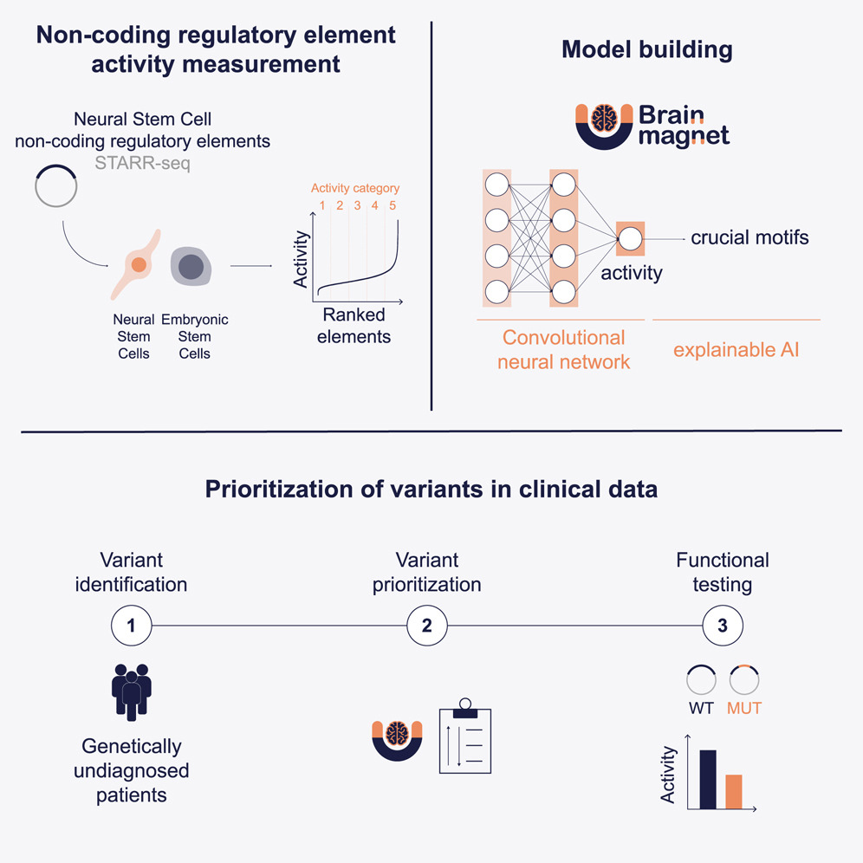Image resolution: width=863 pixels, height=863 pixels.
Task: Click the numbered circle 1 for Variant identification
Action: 131,626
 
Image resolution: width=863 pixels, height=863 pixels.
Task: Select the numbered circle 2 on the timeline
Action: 426,626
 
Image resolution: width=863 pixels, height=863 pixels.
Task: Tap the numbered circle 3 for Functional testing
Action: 722,626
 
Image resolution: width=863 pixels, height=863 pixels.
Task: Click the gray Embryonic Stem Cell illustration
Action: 190,266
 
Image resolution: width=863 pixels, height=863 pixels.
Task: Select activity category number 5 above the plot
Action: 393,206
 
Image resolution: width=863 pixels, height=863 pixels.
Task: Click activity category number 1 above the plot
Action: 321,206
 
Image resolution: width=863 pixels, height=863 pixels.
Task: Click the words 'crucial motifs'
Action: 749,237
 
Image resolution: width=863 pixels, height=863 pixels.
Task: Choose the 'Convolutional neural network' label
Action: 563,349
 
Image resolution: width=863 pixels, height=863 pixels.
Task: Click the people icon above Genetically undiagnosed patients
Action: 131,691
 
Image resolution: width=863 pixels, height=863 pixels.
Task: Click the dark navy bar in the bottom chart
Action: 707,778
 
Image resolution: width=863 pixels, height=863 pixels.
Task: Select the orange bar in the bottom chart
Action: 734,790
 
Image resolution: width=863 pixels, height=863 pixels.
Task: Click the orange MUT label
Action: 744,708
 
